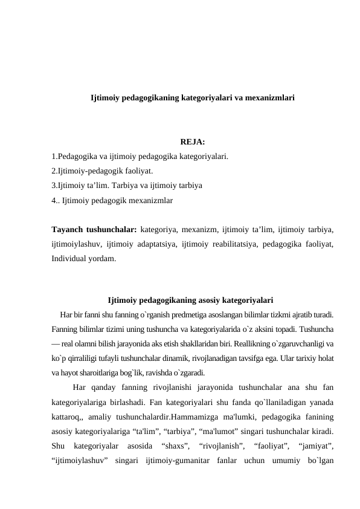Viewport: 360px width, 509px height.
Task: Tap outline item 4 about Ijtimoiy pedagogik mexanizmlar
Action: tap(112, 198)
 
